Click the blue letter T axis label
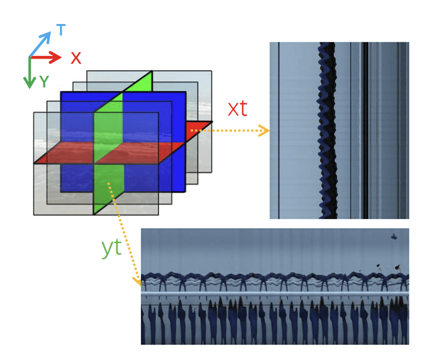[x=61, y=30]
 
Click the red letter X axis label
[x=76, y=57]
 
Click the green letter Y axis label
[x=44, y=81]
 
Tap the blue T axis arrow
[x=41, y=44]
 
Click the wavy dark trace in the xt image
[x=328, y=130]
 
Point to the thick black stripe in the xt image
[x=366, y=130]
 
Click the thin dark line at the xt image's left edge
[x=278, y=130]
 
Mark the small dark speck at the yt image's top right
[x=394, y=236]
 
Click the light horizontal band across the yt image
[x=275, y=295]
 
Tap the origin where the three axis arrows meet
[x=29, y=57]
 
